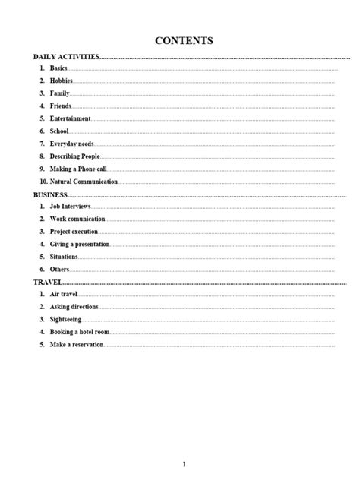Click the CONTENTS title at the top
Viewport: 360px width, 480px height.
tap(184, 40)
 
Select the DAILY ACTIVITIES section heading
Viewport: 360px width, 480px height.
tap(66, 56)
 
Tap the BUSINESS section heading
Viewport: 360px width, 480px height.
tap(50, 194)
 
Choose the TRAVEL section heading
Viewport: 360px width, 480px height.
tap(47, 282)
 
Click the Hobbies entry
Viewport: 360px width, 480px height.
tap(62, 81)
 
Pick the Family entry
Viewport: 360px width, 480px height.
tap(60, 93)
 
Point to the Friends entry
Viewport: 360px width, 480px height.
tap(61, 106)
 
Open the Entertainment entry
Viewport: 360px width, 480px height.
tap(70, 118)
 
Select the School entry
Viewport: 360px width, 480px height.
tap(60, 131)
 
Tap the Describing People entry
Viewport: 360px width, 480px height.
tap(74, 156)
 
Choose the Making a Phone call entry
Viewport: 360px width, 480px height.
tap(78, 169)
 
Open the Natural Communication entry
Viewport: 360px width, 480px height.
tap(84, 182)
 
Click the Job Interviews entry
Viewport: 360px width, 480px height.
tap(71, 207)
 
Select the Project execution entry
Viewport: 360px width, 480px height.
tap(74, 232)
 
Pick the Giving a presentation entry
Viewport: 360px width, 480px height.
tap(80, 244)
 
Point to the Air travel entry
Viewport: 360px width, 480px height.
tap(64, 294)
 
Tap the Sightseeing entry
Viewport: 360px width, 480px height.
tap(67, 320)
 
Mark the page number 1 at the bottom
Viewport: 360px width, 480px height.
tap(184, 464)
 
